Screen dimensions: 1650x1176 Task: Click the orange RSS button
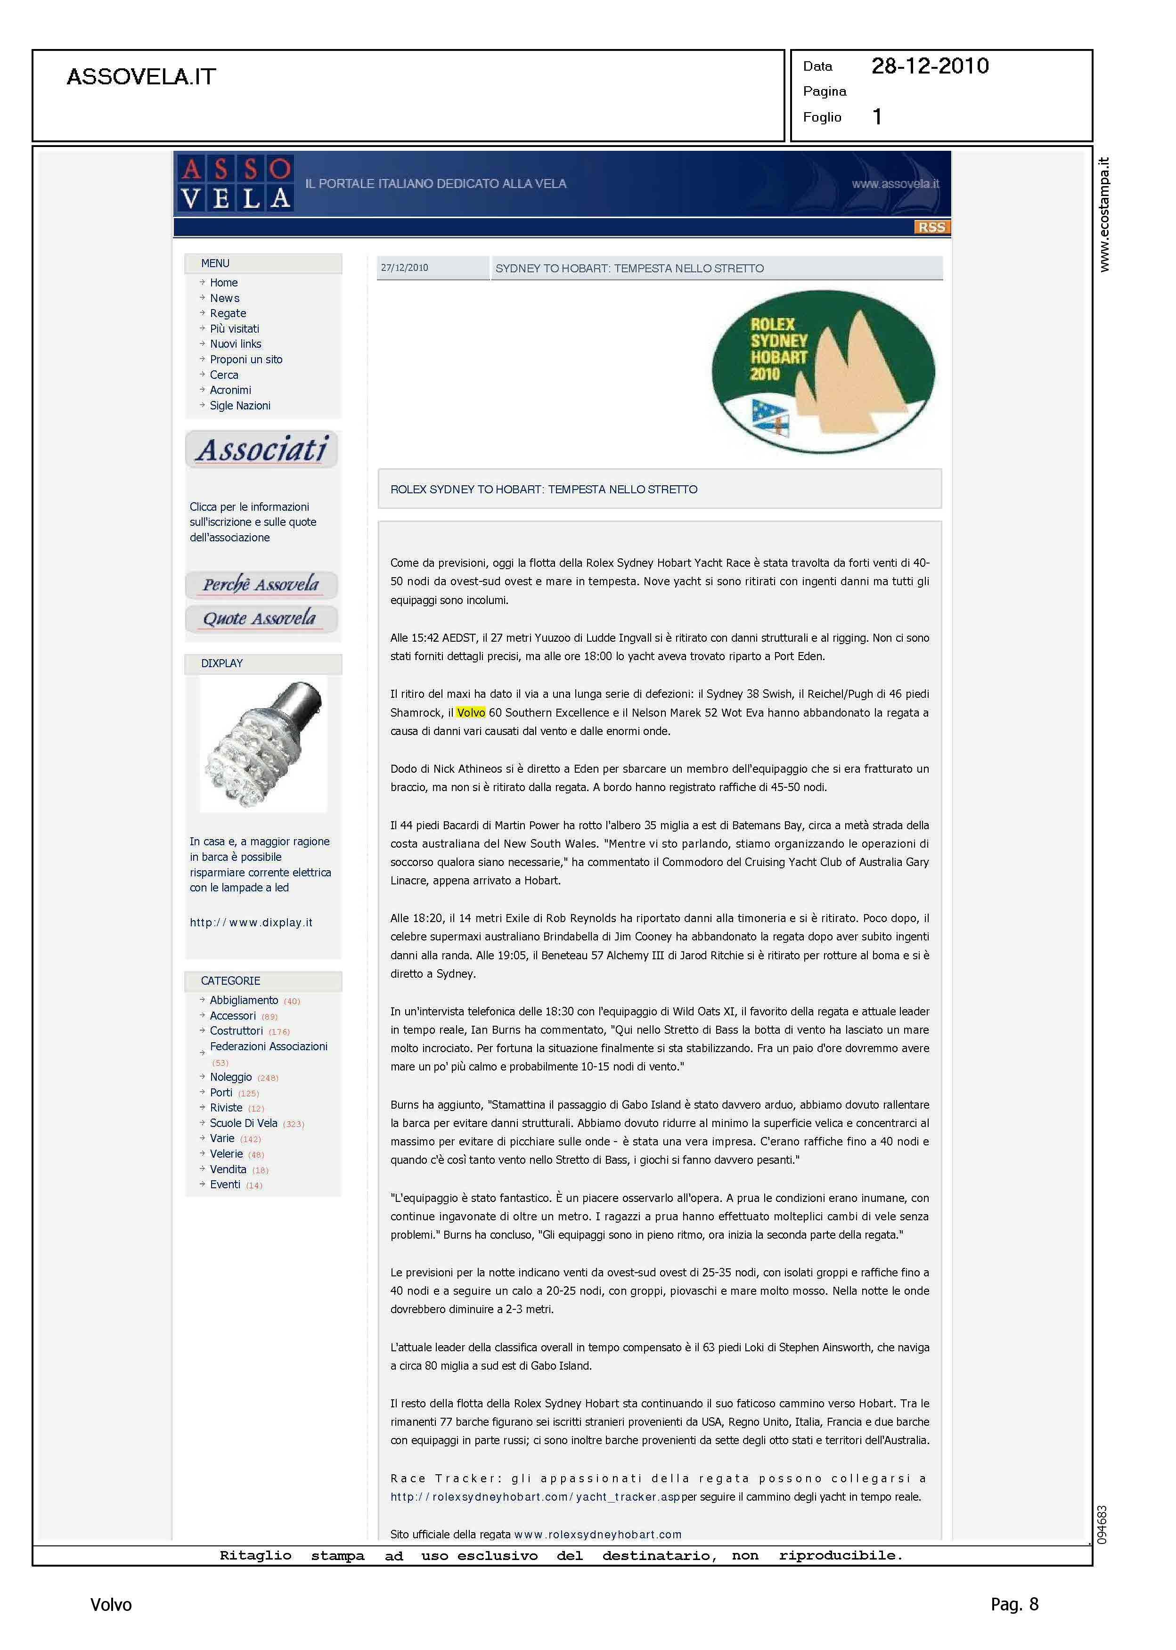pyautogui.click(x=931, y=228)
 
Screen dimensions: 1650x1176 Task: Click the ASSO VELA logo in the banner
pyautogui.click(x=236, y=183)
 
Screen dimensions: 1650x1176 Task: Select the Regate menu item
pyautogui.click(x=228, y=313)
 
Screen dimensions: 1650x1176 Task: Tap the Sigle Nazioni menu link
pyautogui.click(x=240, y=406)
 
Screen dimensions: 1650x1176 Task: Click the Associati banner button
pyautogui.click(x=261, y=449)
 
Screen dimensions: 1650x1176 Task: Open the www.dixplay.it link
pyautogui.click(x=251, y=923)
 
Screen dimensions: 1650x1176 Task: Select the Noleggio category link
pyautogui.click(x=230, y=1078)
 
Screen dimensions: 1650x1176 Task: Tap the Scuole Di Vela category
pyautogui.click(x=243, y=1123)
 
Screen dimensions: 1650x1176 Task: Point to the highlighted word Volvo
pyautogui.click(x=471, y=712)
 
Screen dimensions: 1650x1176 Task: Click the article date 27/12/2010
pyautogui.click(x=404, y=268)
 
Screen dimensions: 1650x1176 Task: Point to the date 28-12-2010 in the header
pyautogui.click(x=930, y=66)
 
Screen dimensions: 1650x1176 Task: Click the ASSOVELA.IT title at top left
pyautogui.click(x=141, y=77)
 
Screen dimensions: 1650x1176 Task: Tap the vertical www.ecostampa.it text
pyautogui.click(x=1103, y=214)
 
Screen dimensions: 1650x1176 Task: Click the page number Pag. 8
pyautogui.click(x=1014, y=1604)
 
